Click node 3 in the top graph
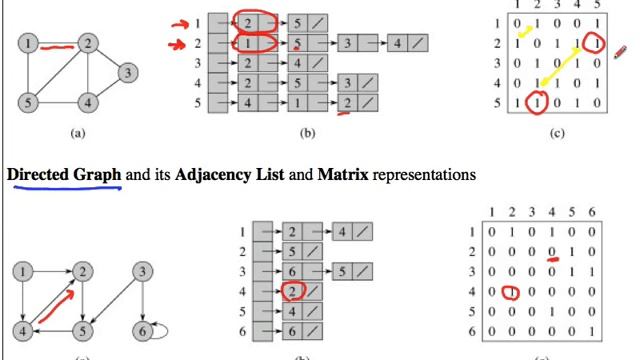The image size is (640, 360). (127, 72)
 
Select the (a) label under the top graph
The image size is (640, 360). (77, 132)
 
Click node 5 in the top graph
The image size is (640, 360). (30, 101)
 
